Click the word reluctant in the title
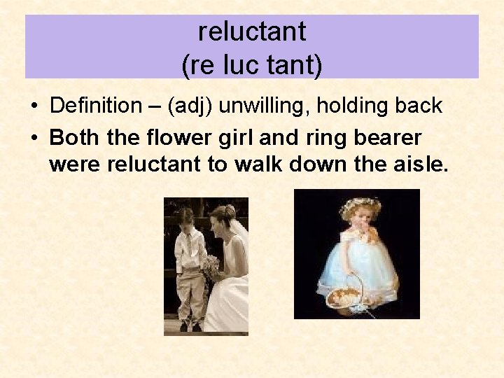252,31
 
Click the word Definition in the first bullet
96,106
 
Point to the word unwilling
264,106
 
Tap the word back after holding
419,106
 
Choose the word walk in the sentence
262,165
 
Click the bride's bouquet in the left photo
211,267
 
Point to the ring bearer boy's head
186,216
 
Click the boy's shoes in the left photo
189,325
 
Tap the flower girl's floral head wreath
359,205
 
